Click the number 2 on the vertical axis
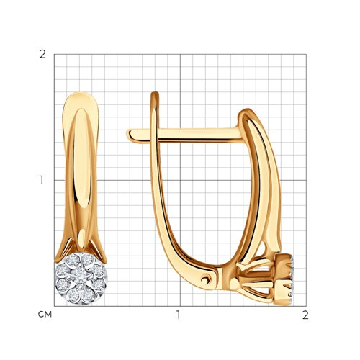[x=42, y=55]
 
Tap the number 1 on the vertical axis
[x=42, y=180]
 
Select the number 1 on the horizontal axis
[x=178, y=315]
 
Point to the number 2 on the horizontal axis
[x=305, y=315]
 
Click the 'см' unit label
[x=45, y=315]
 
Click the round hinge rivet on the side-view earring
[x=206, y=279]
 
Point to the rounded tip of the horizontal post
[x=129, y=135]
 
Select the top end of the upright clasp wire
[x=155, y=93]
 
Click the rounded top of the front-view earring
[x=81, y=94]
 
